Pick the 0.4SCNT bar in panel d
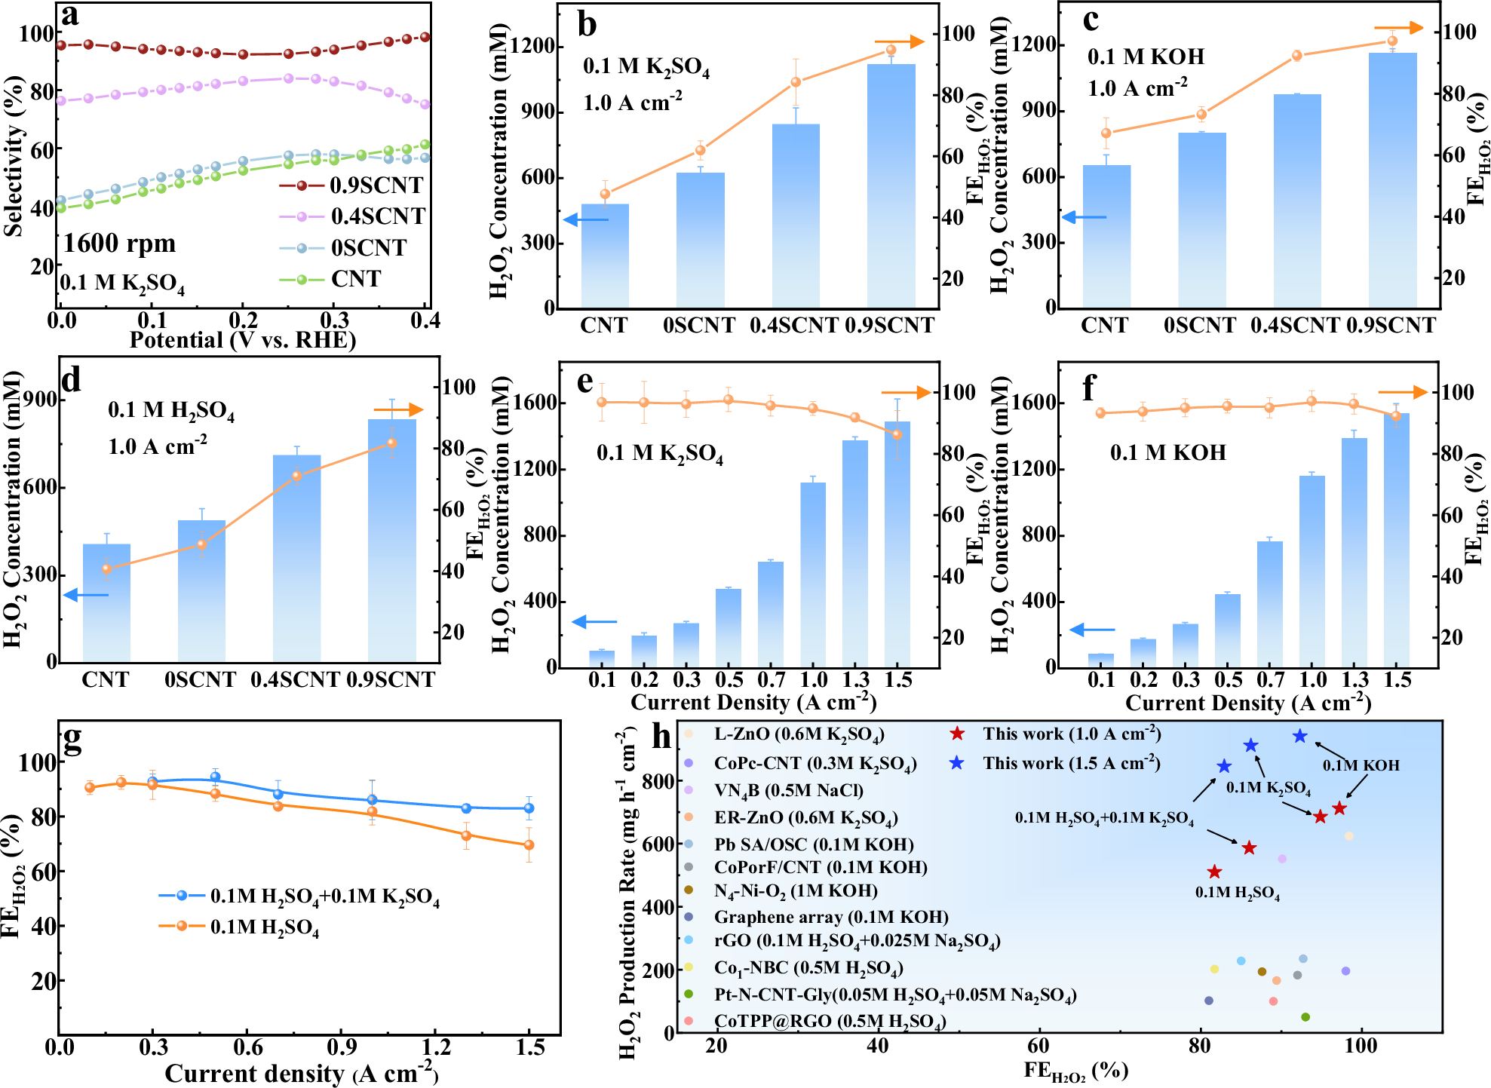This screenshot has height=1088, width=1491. tap(296, 558)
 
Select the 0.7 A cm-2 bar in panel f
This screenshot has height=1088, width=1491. tap(1270, 603)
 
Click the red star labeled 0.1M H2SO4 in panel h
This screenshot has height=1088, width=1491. tap(1214, 872)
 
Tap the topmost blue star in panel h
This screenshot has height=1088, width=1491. tap(1299, 736)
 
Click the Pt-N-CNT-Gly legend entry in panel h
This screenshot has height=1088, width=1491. tap(894, 995)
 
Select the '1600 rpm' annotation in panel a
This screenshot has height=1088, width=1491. tap(119, 244)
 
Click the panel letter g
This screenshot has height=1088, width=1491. tap(72, 741)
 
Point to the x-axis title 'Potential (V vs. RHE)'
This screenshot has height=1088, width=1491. tap(242, 340)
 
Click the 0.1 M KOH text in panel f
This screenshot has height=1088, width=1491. tap(1167, 452)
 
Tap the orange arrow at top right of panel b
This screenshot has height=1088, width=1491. tap(899, 41)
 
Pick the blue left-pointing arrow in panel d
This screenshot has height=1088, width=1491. tap(85, 595)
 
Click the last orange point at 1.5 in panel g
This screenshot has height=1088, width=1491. tap(529, 845)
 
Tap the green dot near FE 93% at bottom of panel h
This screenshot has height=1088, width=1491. tap(1305, 1017)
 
